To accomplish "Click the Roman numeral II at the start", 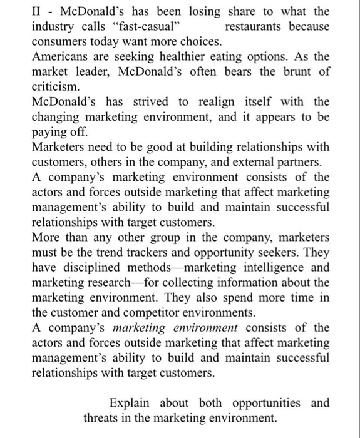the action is point(37,12).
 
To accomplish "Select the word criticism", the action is point(56,86).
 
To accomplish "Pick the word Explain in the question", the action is point(131,402).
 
